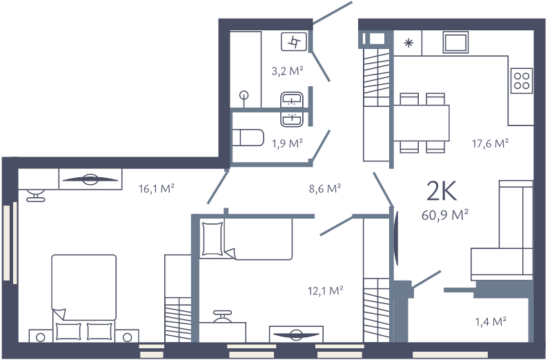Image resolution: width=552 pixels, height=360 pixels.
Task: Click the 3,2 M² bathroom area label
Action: [288, 70]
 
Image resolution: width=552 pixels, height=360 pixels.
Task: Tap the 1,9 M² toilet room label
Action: [288, 144]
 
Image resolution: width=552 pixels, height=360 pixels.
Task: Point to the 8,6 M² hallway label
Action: [326, 187]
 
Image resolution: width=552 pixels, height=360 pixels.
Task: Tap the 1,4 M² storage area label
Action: [491, 321]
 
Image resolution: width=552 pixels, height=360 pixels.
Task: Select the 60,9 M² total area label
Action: [445, 215]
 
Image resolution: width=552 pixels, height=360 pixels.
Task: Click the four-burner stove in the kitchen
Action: [522, 80]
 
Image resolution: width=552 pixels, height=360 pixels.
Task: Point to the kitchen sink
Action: [456, 43]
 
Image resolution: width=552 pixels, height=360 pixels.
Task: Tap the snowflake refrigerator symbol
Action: [408, 43]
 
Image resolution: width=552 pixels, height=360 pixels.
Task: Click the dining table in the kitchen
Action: [421, 123]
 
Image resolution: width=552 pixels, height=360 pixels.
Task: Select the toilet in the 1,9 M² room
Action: [248, 138]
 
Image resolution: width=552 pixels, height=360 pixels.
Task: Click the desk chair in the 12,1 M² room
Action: [221, 318]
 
